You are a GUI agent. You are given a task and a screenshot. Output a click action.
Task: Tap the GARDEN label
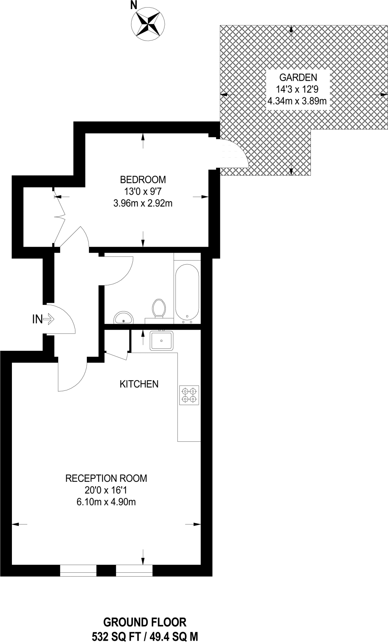(298, 77)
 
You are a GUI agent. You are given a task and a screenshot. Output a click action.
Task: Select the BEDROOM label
(143, 180)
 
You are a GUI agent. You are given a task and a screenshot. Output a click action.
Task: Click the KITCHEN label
(139, 384)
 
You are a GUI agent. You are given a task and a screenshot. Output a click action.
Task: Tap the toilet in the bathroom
(159, 308)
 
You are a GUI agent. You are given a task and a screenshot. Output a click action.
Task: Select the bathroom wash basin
(123, 318)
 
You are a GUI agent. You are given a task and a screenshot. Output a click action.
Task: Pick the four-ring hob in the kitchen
(189, 395)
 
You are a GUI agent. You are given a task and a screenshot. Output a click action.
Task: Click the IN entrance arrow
(49, 319)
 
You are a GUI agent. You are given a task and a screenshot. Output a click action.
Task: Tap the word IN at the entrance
(37, 319)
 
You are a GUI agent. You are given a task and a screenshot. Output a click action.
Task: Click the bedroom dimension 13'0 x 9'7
(143, 192)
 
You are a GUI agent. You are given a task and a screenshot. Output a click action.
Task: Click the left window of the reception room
(78, 570)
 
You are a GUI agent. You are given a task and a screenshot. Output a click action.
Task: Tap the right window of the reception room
(134, 570)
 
